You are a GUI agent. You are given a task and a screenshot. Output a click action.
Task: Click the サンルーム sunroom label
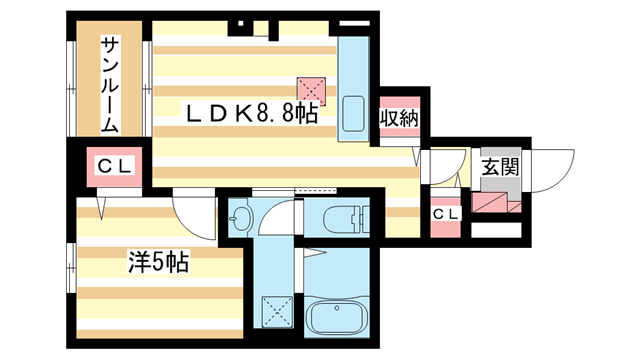pos(111,86)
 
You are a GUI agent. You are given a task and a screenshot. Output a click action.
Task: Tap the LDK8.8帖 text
pos(249,113)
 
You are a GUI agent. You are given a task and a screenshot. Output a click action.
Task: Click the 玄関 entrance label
pos(499,167)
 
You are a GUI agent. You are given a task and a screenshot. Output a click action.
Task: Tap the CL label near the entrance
pos(445,213)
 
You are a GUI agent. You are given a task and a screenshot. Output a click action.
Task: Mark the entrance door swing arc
pos(556,164)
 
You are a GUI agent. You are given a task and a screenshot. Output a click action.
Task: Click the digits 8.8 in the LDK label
pos(275,113)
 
